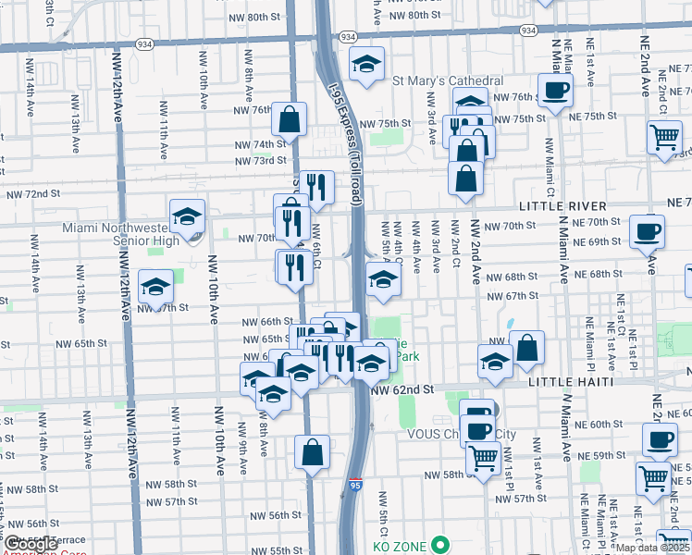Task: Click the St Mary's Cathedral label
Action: click(x=448, y=81)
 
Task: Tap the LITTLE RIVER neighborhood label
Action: click(x=562, y=205)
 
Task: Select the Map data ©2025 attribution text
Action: click(x=652, y=548)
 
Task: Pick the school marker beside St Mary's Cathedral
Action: click(x=366, y=64)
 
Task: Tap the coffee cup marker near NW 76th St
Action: click(x=555, y=91)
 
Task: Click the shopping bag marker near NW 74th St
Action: click(x=289, y=118)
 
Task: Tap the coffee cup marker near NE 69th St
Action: click(x=647, y=230)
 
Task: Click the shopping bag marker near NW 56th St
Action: click(x=312, y=451)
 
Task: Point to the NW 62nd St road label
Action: click(x=402, y=391)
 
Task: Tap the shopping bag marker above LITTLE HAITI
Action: click(x=526, y=348)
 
